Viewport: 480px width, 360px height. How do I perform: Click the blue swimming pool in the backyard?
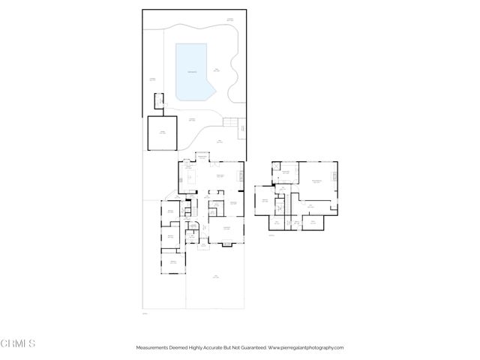pos(193,71)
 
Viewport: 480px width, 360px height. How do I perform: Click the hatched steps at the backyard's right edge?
pos(242,130)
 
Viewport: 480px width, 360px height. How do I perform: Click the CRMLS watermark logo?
pos(18,343)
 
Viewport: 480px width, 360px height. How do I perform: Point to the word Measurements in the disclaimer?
pos(154,348)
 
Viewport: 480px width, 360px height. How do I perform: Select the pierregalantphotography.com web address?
pos(306,348)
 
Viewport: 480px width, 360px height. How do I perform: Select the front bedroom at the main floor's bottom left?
pos(172,262)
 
